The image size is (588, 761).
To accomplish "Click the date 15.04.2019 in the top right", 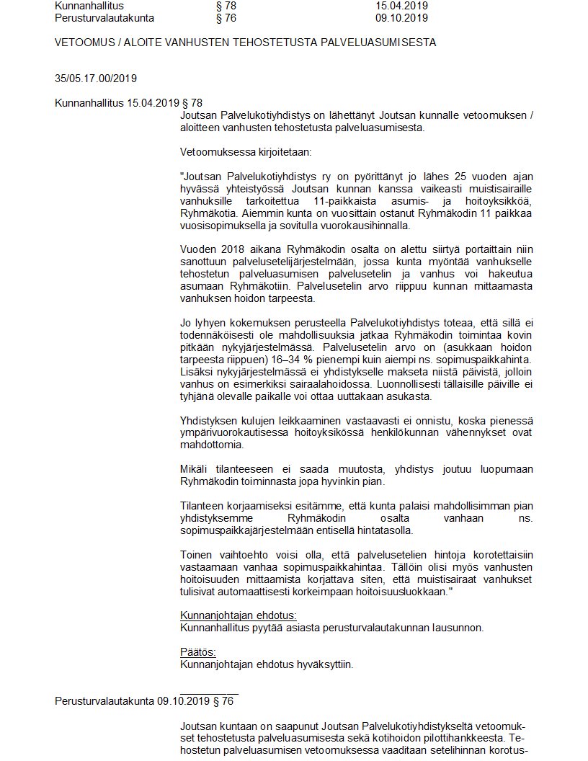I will (401, 5).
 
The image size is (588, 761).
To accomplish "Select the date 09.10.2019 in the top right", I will (401, 18).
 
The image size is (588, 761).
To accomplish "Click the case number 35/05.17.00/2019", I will (96, 79).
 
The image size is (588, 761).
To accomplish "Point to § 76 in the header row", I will (226, 18).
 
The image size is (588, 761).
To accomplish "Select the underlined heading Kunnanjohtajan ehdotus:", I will (238, 615).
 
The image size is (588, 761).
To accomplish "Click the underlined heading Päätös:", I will (197, 652).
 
